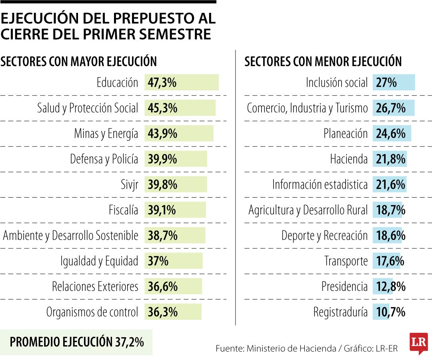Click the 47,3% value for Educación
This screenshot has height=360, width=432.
162,83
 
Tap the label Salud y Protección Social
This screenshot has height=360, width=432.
88,108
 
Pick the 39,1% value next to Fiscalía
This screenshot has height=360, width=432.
162,210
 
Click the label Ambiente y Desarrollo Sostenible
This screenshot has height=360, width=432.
71,236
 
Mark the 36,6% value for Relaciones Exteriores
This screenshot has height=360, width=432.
162,286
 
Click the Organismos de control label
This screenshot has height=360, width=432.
92,312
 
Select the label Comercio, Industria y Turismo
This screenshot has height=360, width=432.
307,108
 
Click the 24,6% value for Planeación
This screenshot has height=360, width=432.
391,134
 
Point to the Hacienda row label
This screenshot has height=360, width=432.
348,159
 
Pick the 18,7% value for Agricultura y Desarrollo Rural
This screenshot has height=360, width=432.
391,210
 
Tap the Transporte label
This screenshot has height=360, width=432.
346,261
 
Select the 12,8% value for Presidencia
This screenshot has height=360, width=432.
391,286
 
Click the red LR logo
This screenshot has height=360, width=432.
418,343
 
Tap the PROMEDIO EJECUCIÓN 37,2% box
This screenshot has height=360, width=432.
76,342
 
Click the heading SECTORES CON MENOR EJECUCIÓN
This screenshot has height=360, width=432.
323,62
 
